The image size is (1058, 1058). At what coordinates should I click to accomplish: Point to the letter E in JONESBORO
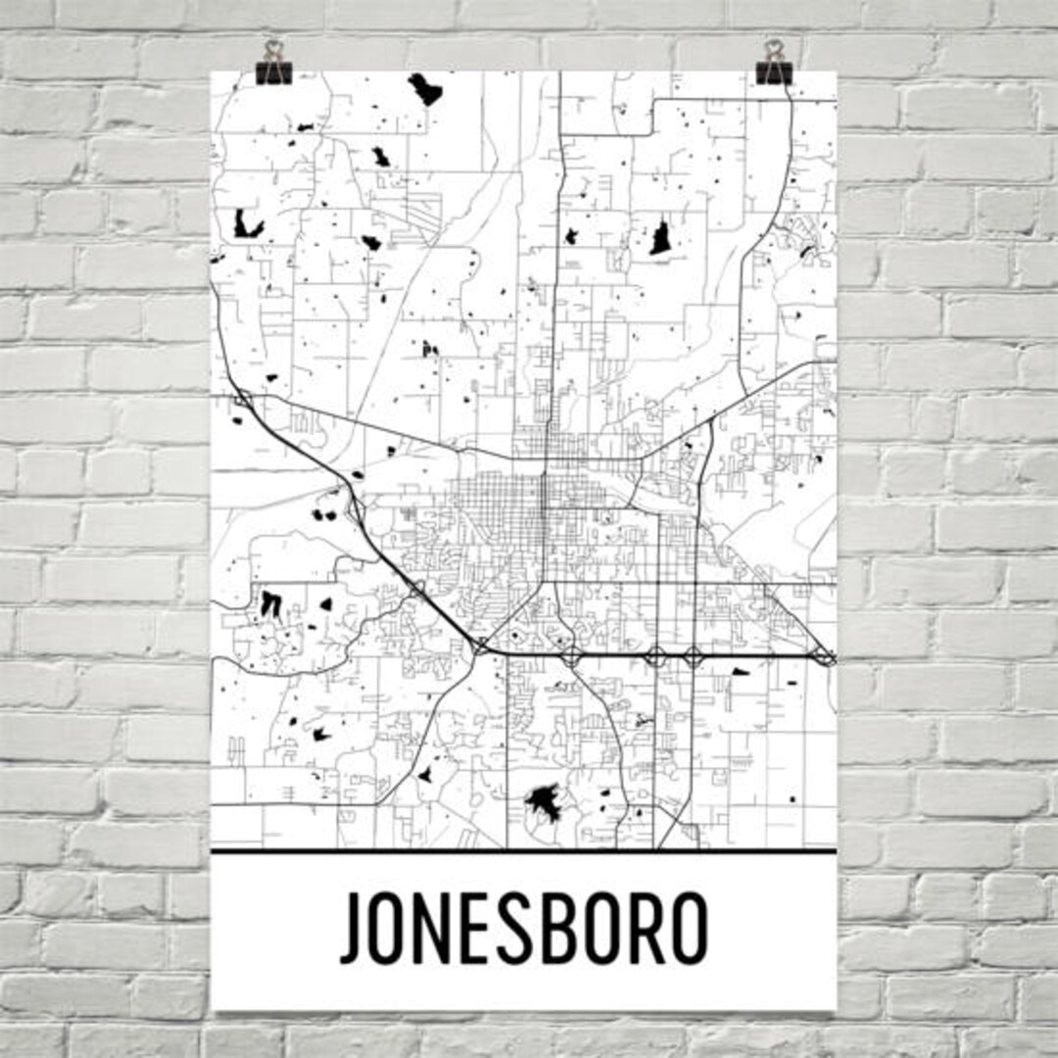(488, 927)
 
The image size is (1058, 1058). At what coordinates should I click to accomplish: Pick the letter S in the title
(529, 927)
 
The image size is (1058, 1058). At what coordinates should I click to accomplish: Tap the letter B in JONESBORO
(572, 927)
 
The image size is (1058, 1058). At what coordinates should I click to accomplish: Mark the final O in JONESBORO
(687, 927)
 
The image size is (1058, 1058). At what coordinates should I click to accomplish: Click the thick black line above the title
(524, 850)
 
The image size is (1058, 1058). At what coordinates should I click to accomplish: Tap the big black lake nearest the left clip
(425, 89)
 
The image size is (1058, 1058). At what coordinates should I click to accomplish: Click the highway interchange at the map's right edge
(826, 656)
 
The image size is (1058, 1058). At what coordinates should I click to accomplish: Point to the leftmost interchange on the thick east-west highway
(481, 646)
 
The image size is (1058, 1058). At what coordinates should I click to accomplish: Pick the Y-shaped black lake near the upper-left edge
(248, 225)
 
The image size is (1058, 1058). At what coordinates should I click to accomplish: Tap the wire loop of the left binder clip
(272, 49)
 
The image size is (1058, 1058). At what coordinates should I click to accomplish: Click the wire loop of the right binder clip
(774, 49)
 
